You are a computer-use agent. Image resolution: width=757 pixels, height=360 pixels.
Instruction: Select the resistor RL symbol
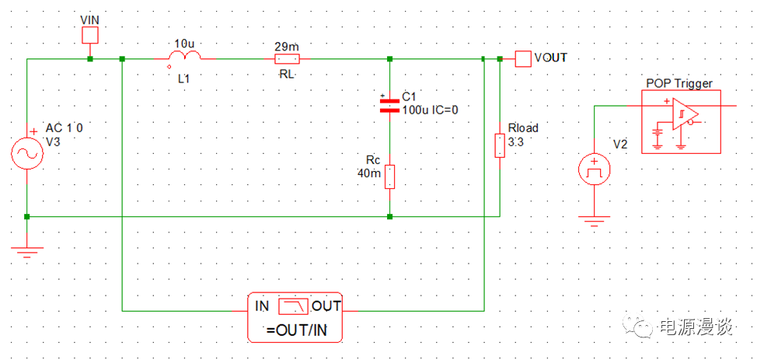[287, 59]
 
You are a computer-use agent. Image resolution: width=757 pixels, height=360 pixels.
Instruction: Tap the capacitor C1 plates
[389, 106]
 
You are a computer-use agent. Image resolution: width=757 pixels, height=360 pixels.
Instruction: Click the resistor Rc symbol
[389, 177]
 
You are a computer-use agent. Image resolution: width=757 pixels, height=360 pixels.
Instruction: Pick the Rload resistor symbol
[498, 145]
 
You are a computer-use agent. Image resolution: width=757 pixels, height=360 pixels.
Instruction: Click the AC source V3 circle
[26, 153]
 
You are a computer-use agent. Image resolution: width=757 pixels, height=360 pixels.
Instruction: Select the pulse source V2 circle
[595, 169]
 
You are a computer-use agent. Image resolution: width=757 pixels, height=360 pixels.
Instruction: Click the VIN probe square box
[91, 35]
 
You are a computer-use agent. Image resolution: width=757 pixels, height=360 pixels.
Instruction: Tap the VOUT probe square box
[523, 58]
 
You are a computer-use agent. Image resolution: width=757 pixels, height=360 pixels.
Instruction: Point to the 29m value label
[285, 46]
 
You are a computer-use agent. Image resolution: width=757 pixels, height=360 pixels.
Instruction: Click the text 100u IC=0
[430, 110]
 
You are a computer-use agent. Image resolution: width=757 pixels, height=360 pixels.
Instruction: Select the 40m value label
[369, 173]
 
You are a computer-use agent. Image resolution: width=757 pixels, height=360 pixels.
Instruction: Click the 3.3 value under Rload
[516, 142]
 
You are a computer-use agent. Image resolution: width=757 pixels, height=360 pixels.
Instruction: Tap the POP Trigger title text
[679, 83]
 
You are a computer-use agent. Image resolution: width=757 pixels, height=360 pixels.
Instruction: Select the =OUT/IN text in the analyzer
[297, 331]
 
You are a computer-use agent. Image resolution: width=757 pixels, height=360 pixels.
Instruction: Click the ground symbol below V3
[26, 250]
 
